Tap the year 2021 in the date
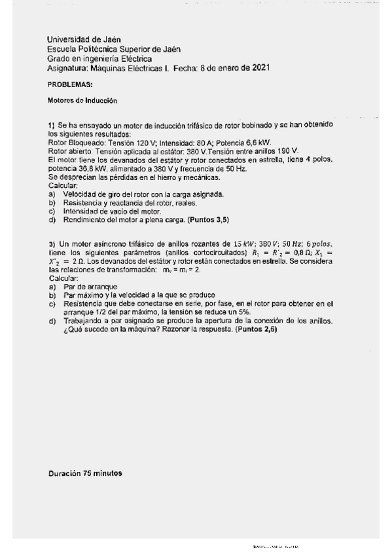tap(260, 67)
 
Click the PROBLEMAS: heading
tap(70, 85)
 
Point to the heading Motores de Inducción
tap(82, 101)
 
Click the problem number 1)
tap(52, 124)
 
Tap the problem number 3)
tap(52, 243)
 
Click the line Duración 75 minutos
tap(85, 473)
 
